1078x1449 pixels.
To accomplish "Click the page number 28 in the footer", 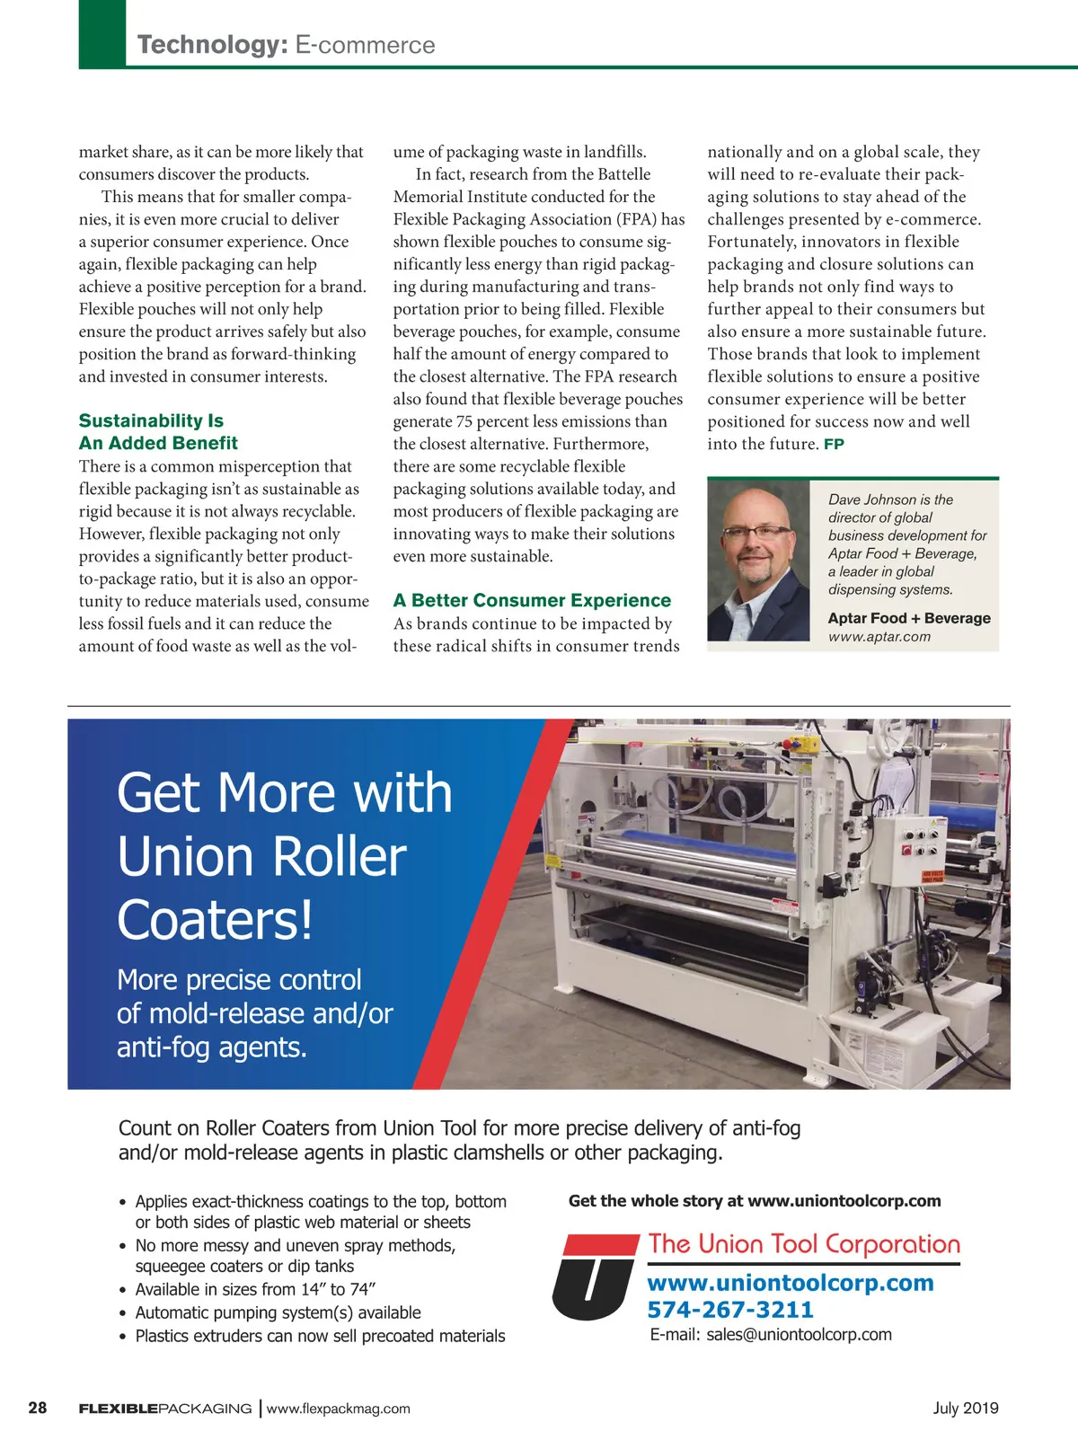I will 38,1408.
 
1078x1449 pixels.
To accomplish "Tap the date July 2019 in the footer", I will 966,1408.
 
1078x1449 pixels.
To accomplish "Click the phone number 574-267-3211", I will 730,1310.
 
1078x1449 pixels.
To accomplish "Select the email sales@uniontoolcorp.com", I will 799,1335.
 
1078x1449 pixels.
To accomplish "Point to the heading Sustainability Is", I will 151,420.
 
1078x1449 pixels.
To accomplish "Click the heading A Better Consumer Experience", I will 532,600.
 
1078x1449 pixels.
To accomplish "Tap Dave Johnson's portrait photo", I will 759,561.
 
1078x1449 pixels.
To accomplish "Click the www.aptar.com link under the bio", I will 879,637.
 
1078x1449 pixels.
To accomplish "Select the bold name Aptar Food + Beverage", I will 909,618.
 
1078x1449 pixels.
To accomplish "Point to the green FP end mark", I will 834,445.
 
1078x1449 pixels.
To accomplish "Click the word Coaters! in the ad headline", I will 216,920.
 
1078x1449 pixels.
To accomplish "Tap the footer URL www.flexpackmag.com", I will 339,1409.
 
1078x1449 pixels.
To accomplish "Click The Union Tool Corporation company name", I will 804,1244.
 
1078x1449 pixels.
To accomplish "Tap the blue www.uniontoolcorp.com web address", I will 791,1283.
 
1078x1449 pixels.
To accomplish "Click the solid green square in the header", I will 102,33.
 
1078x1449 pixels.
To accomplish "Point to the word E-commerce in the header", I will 365,45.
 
